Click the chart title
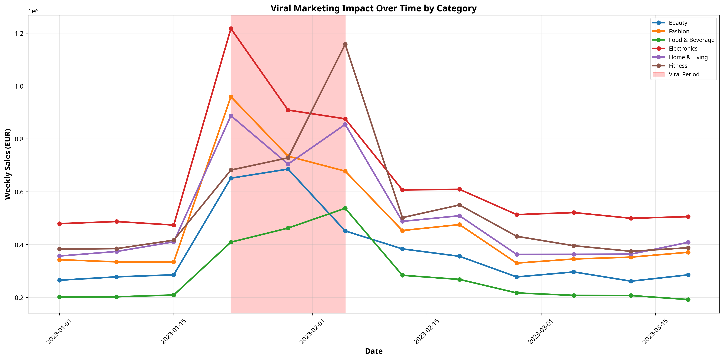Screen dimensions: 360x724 373,9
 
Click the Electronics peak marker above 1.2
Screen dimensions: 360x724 231,29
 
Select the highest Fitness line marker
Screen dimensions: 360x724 345,45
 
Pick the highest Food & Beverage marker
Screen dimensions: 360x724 345,208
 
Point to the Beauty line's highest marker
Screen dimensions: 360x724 288,169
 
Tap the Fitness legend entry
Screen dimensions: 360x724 678,66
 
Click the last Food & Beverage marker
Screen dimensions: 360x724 688,300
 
